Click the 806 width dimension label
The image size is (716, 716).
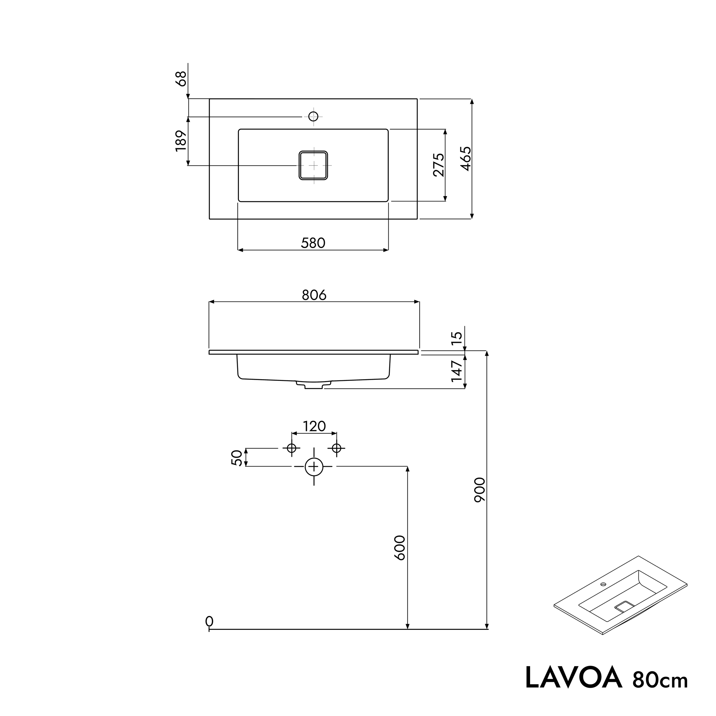pos(314,295)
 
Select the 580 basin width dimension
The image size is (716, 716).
pos(313,243)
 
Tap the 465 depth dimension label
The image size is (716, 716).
pos(466,159)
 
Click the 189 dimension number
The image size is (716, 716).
pos(180,141)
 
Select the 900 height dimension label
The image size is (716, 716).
pos(479,489)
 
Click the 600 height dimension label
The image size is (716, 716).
pos(400,548)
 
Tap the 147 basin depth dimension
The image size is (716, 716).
pos(457,371)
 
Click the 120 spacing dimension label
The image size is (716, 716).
pos(314,426)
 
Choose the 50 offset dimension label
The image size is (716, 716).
pos(237,458)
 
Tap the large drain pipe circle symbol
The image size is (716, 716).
pos(314,467)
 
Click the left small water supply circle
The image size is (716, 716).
pos(292,449)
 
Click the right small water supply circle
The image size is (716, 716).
pos(337,449)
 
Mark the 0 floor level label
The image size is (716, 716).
pos(209,621)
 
